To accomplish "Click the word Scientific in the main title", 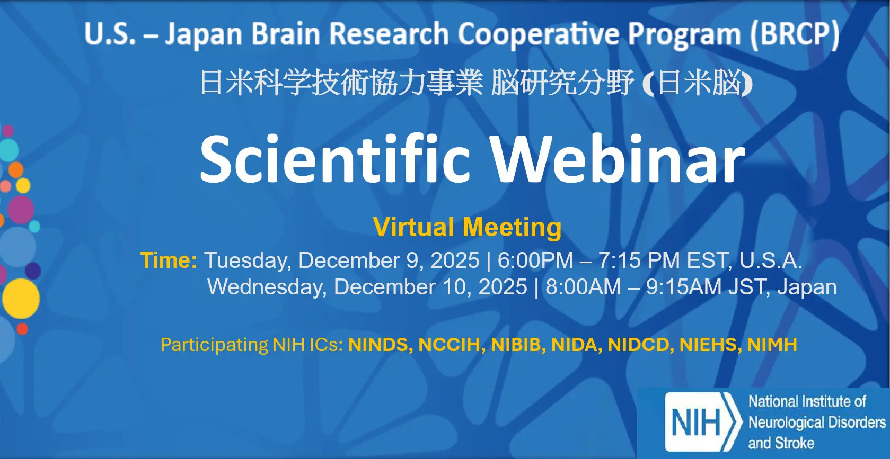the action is pyautogui.click(x=335, y=159).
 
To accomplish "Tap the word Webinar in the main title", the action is pyautogui.click(x=618, y=159).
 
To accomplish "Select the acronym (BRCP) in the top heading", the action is pyautogui.click(x=795, y=34).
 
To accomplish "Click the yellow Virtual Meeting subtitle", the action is pyautogui.click(x=467, y=227).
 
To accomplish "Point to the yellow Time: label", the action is pyautogui.click(x=169, y=260).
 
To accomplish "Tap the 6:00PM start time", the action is pyautogui.click(x=535, y=260).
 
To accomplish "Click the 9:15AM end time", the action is pyautogui.click(x=683, y=287).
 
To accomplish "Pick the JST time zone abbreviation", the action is pyautogui.click(x=748, y=287).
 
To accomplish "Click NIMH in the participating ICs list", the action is pyautogui.click(x=772, y=344).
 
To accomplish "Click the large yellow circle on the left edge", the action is pyautogui.click(x=21, y=299).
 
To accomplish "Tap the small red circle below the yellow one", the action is pyautogui.click(x=22, y=329).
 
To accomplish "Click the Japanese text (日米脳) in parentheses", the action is pyautogui.click(x=697, y=83).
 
